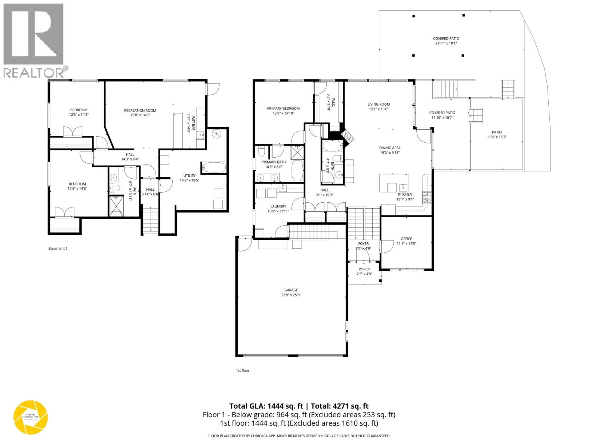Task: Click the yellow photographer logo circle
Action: pos(31,417)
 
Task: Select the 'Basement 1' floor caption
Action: pos(58,249)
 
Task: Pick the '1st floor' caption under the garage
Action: pos(242,371)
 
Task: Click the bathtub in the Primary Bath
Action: pos(298,171)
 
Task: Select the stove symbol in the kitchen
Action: pos(426,197)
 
